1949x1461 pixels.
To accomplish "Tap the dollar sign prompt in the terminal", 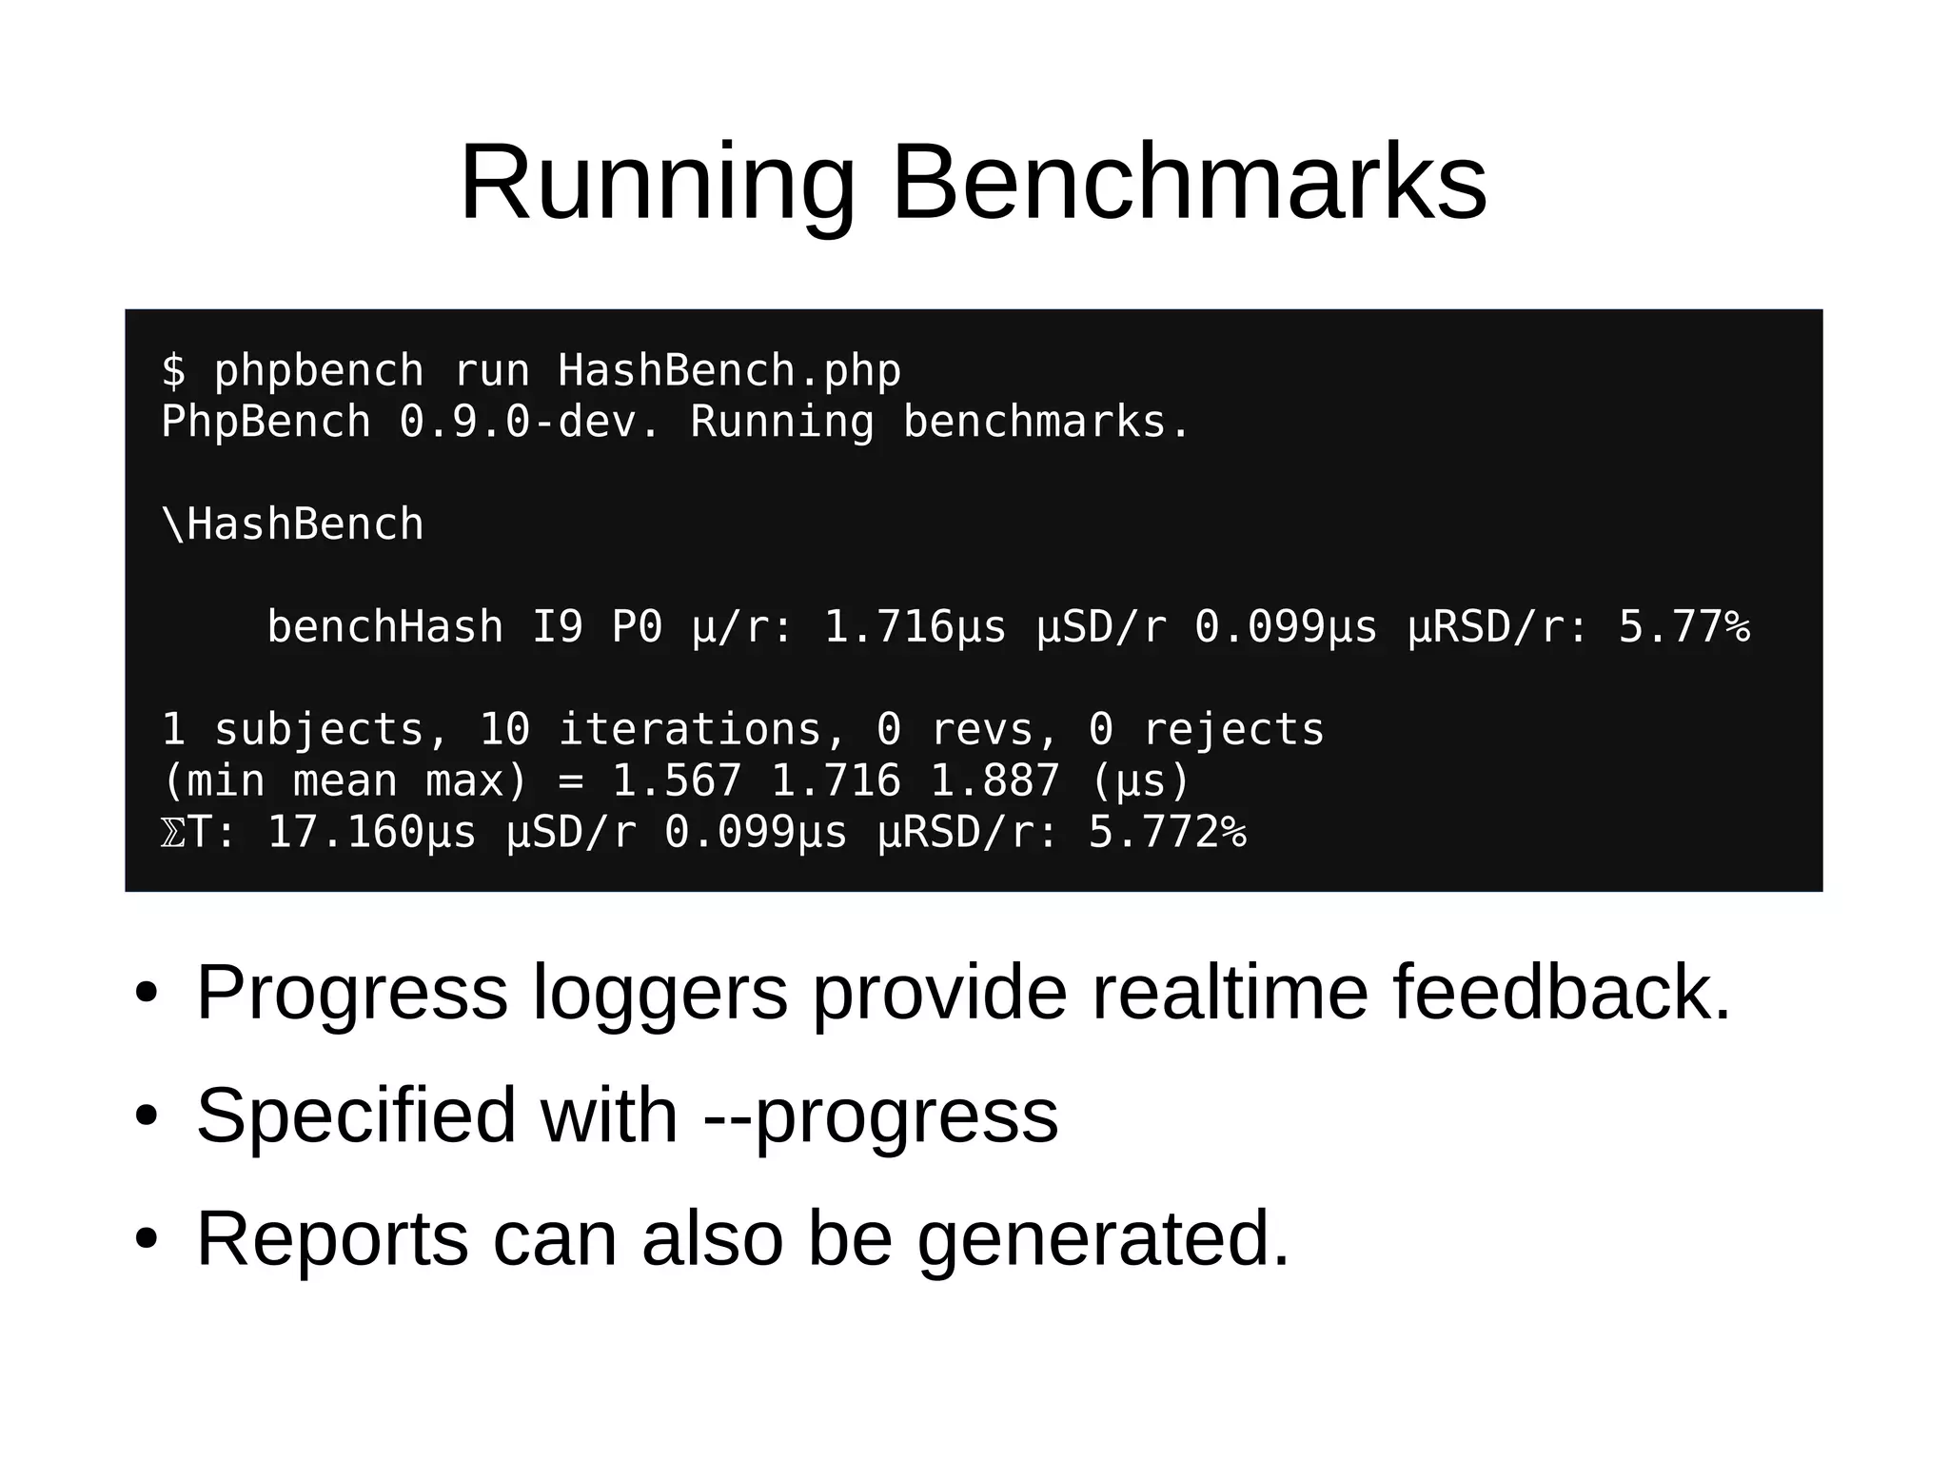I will tap(173, 370).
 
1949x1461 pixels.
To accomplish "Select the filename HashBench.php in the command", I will tap(729, 370).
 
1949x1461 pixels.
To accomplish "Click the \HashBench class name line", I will tap(293, 524).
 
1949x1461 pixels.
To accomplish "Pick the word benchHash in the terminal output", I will tap(384, 627).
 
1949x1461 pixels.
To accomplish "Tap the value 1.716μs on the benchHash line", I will tap(915, 627).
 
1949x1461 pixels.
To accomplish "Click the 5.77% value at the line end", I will tap(1683, 627).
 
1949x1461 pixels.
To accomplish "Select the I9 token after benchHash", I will tap(557, 627).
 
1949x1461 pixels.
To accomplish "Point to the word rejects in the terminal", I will tap(1233, 730).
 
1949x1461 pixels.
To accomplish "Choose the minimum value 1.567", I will tap(676, 781).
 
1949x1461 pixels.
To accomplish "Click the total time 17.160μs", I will tap(371, 833).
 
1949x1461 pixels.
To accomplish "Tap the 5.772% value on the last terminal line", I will tap(1168, 833).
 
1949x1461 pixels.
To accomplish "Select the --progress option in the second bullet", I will tap(880, 1115).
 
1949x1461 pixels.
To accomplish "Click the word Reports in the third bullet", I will tap(332, 1238).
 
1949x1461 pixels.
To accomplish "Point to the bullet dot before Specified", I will tap(146, 1117).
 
